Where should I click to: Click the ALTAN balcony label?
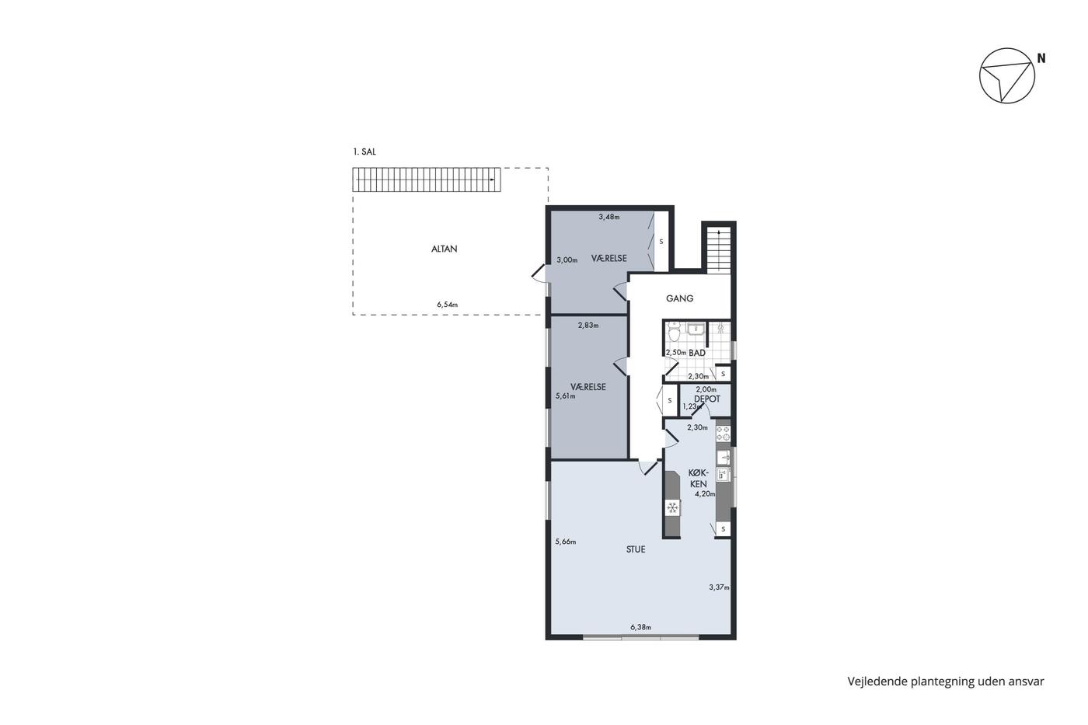tap(444, 249)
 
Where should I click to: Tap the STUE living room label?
tap(636, 549)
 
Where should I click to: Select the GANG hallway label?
tap(679, 298)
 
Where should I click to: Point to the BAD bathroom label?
tap(697, 353)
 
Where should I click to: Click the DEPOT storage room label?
tap(707, 399)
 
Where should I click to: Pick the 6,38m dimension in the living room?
tap(640, 627)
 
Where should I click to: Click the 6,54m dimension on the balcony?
tap(447, 305)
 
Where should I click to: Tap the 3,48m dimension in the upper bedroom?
tap(609, 217)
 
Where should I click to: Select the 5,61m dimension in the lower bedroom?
tap(566, 396)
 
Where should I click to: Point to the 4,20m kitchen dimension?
tap(705, 494)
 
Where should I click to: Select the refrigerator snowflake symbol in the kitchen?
tap(672, 508)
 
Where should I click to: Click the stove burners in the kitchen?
tap(724, 433)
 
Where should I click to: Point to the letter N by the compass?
tap(1041, 58)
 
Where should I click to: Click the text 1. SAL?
tap(364, 152)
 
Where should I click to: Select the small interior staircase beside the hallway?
tap(719, 249)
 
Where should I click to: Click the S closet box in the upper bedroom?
tap(661, 242)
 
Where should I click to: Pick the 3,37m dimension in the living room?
tap(719, 587)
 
